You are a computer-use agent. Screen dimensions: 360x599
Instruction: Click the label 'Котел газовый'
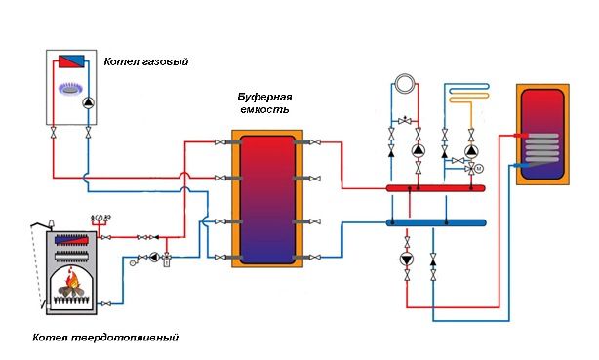click(145, 62)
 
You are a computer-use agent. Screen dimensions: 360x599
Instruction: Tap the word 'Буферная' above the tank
click(265, 98)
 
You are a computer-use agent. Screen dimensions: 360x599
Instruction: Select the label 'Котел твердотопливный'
click(91, 338)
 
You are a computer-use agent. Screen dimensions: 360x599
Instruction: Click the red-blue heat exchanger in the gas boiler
click(71, 61)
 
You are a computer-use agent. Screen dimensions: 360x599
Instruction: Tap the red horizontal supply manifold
click(434, 187)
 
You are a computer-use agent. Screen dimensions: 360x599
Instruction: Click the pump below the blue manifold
click(407, 260)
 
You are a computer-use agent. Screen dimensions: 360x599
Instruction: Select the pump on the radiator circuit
click(419, 152)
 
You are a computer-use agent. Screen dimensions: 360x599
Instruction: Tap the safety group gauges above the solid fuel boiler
click(100, 217)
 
